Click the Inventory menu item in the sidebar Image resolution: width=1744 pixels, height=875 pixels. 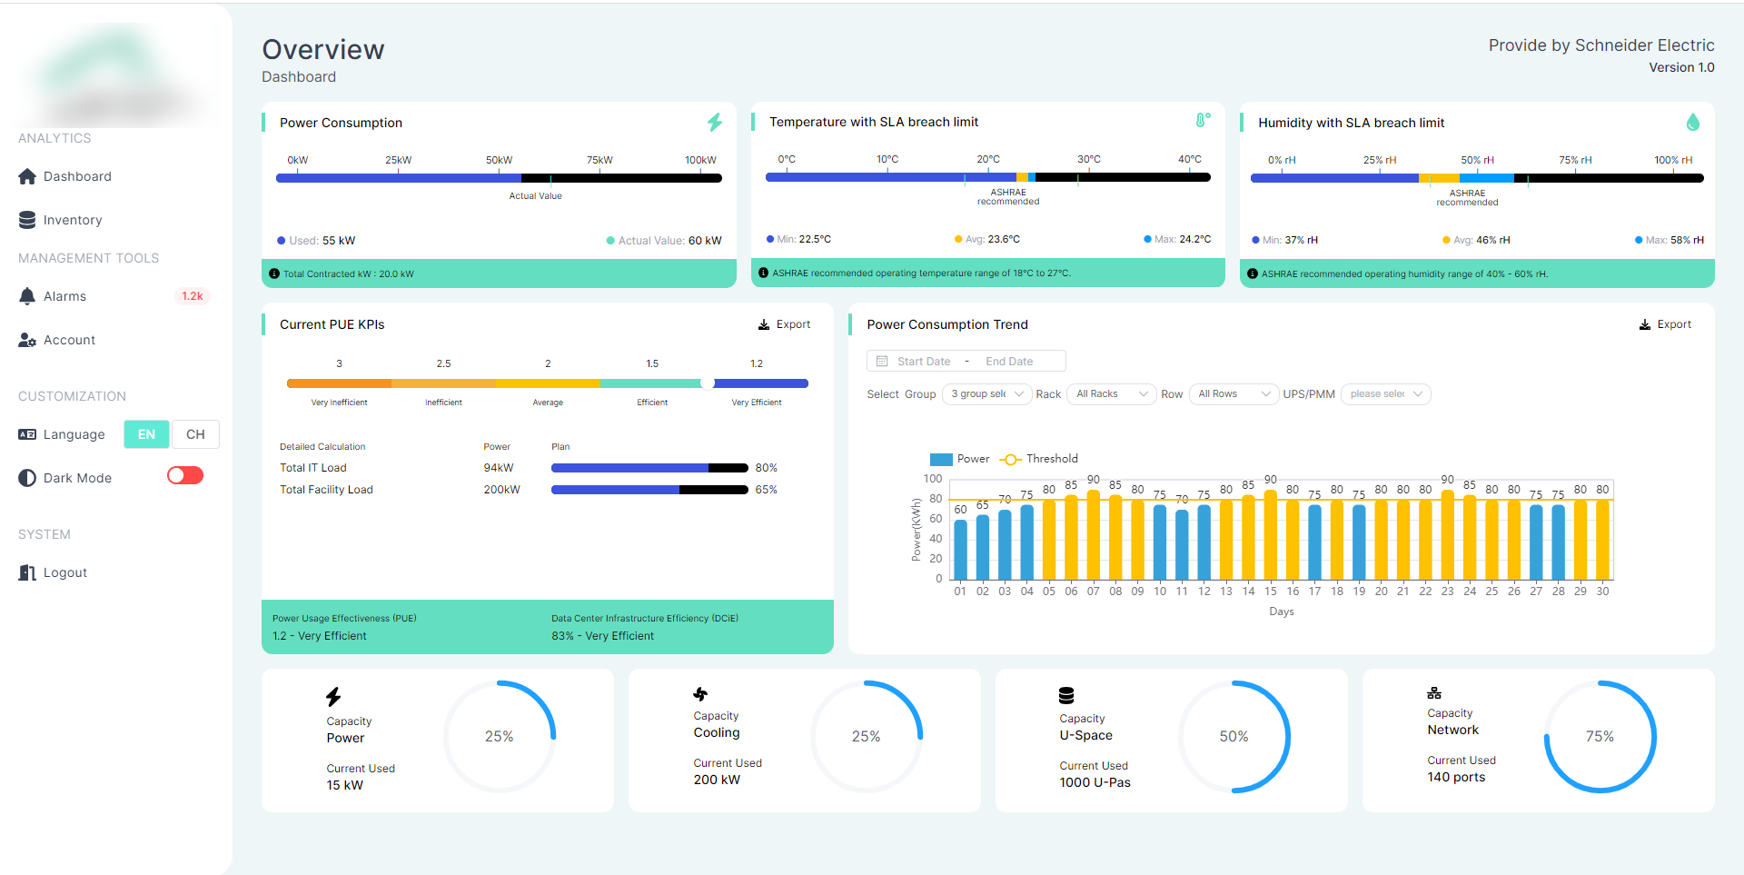pos(72,220)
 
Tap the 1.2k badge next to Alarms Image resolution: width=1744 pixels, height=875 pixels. pos(192,296)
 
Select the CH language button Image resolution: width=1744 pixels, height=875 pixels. pos(195,434)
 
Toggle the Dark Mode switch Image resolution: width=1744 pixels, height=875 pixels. pos(185,476)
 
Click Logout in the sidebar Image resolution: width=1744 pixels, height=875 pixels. pos(64,572)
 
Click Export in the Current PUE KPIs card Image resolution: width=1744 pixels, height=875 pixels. pos(785,324)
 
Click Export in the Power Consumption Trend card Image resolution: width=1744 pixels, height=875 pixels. pos(1665,324)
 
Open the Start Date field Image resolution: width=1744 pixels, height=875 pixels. pos(923,362)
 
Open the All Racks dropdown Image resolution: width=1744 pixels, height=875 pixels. pos(1111,394)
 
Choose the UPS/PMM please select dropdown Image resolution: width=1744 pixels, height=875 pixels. pos(1385,394)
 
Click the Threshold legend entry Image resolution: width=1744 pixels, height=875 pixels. pos(1040,459)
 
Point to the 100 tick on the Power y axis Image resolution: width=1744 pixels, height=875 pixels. pos(933,479)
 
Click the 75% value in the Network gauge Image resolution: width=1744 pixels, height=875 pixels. pos(1600,736)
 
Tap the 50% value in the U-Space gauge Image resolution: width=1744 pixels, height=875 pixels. pos(1234,736)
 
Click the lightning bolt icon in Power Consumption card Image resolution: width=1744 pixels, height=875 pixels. pos(715,123)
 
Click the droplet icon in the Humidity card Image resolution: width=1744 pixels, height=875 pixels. pos(1692,123)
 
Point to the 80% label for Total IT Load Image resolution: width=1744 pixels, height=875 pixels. pos(766,468)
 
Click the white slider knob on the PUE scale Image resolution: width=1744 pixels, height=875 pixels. pos(707,383)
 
